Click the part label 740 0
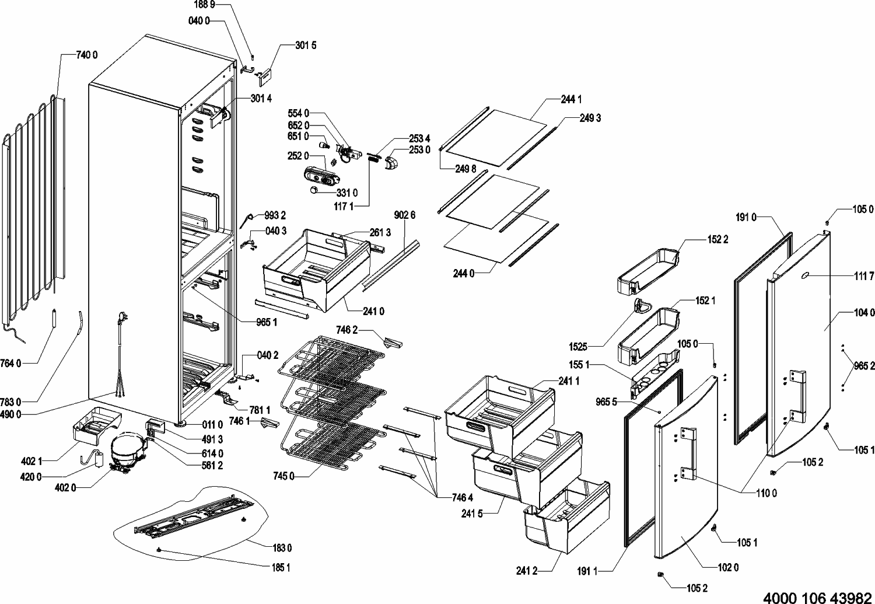click(x=87, y=55)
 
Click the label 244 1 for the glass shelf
click(x=571, y=100)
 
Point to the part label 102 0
click(x=728, y=567)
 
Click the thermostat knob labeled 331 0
click(x=313, y=190)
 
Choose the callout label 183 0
click(x=282, y=548)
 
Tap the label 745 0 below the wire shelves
click(x=283, y=476)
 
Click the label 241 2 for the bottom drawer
click(x=527, y=571)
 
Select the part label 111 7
click(x=864, y=277)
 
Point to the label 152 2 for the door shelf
click(x=717, y=239)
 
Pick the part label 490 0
click(x=10, y=414)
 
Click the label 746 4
click(x=463, y=497)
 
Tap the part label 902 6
click(x=405, y=215)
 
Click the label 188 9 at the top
click(x=204, y=5)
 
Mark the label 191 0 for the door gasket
click(x=746, y=218)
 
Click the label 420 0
click(x=31, y=477)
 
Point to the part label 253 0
click(x=419, y=150)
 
